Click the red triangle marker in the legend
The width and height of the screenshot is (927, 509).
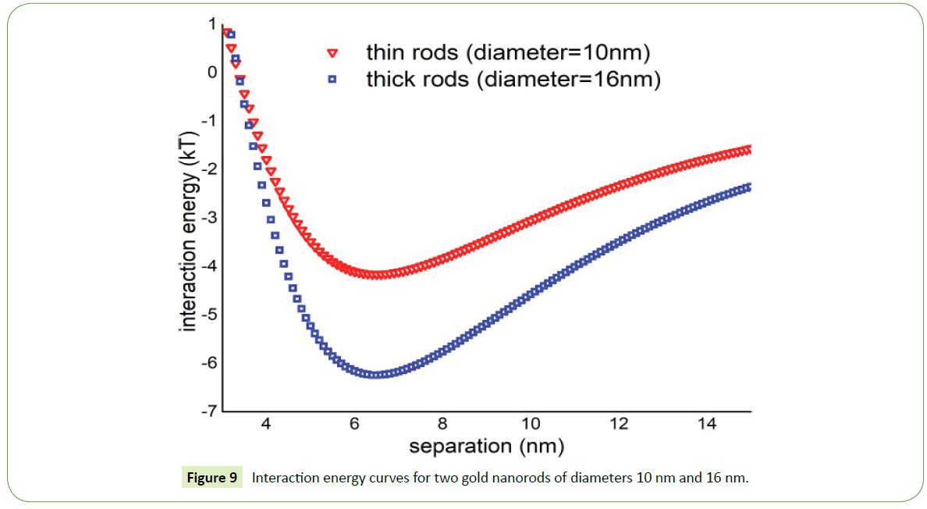(332, 53)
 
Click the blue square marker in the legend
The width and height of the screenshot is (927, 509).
(332, 79)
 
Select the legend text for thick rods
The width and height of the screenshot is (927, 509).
(513, 79)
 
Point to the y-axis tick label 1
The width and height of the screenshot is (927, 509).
(211, 24)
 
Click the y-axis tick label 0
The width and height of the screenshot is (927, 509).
(211, 73)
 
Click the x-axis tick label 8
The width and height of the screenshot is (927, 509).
(442, 425)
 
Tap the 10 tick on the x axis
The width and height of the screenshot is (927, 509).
(531, 425)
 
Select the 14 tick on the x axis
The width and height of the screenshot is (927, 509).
(707, 425)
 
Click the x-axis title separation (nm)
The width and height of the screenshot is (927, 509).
(486, 447)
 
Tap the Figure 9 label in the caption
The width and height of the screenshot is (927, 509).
(211, 478)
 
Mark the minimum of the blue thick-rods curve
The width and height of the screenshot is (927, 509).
(377, 375)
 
